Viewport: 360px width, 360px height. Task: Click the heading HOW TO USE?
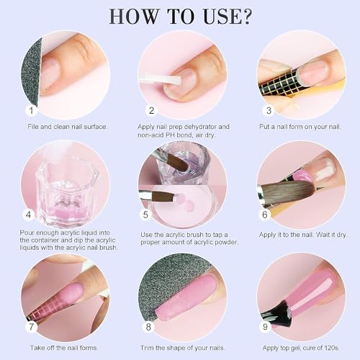180,15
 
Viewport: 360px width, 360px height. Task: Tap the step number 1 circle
31,111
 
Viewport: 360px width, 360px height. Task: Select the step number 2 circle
152,111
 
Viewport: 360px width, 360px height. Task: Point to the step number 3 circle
268,111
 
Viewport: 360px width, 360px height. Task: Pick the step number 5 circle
147,215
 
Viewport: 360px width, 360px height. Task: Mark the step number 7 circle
31,325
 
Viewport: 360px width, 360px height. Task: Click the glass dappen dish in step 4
62,184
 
